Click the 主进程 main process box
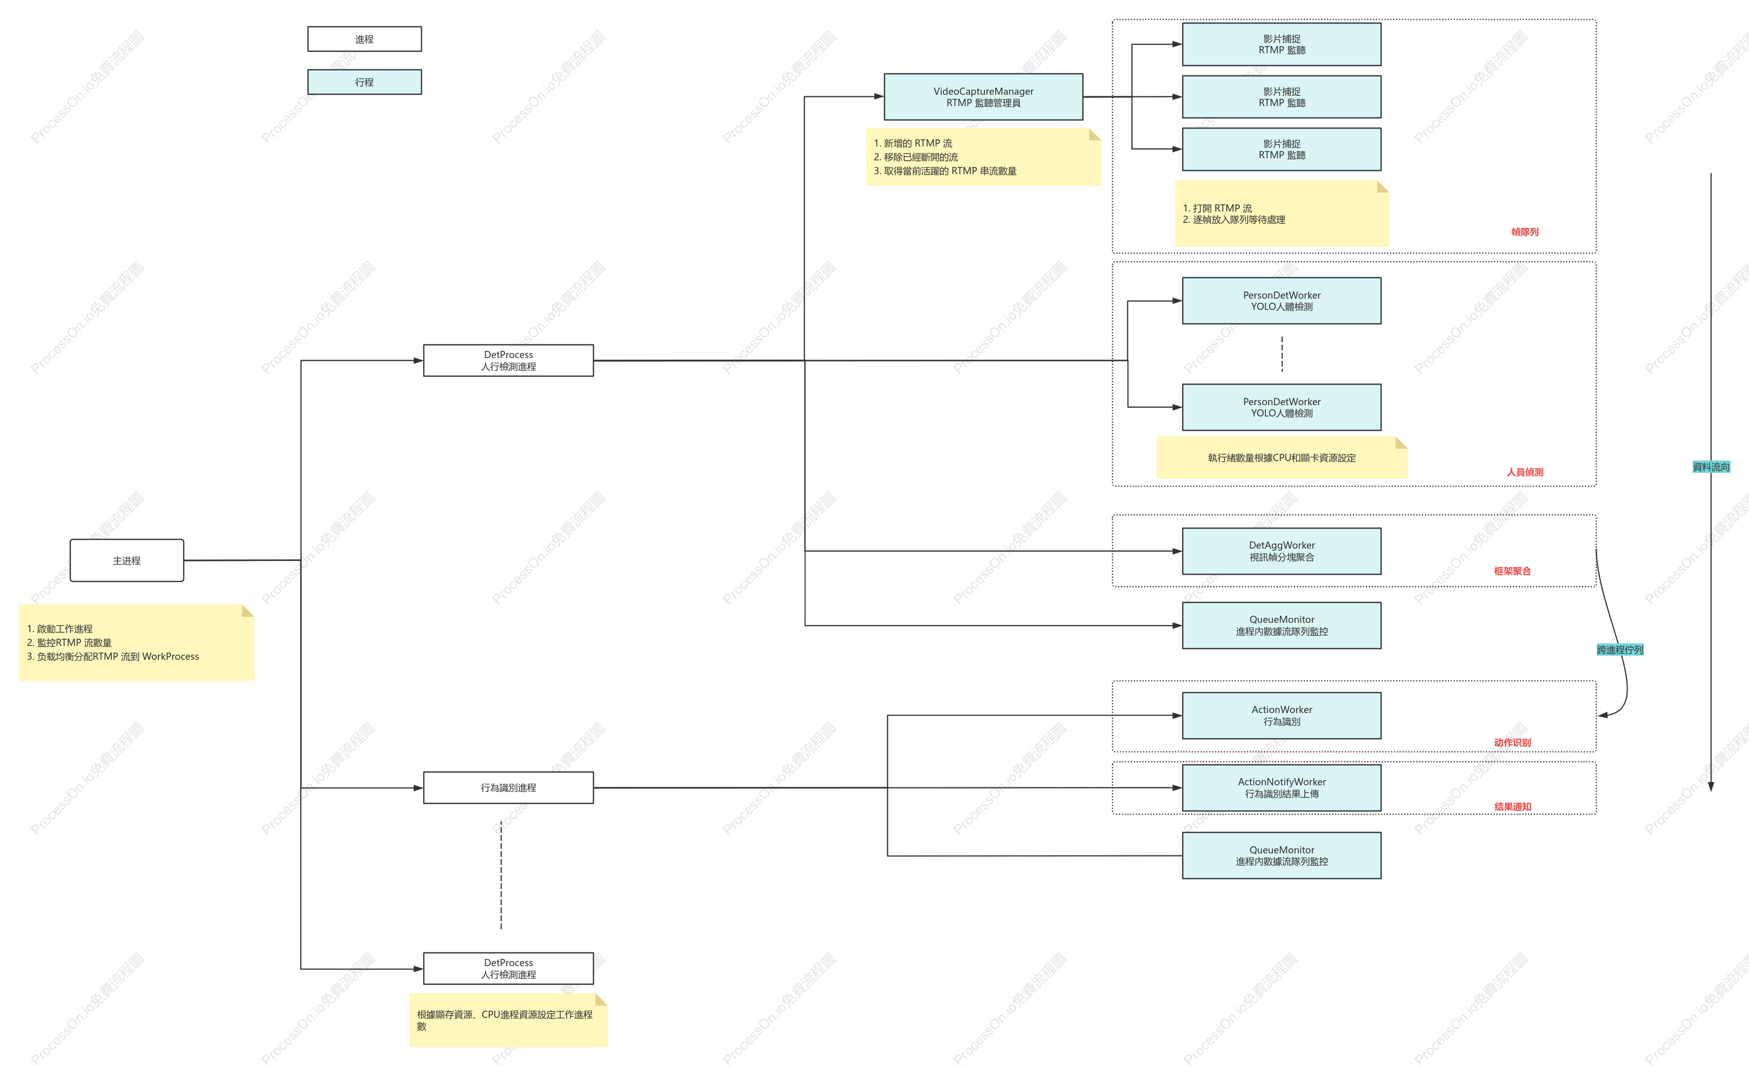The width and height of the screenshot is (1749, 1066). tap(127, 561)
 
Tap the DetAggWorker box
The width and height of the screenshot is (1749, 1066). tap(1281, 552)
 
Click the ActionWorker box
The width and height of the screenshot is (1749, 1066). tap(1281, 716)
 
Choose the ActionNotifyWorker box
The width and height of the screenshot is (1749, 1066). tap(1281, 788)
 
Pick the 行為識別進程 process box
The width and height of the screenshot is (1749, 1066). tap(508, 788)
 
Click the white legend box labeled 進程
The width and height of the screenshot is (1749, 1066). tap(364, 39)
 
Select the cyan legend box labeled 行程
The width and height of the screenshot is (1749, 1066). tap(364, 82)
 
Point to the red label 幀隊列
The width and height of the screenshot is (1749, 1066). tap(1525, 232)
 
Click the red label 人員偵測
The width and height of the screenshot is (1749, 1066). tap(1525, 472)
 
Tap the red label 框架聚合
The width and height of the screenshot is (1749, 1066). tap(1512, 571)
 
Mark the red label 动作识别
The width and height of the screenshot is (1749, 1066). tap(1512, 742)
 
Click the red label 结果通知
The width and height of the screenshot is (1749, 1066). tap(1512, 807)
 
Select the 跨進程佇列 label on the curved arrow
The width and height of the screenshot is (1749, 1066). tap(1620, 650)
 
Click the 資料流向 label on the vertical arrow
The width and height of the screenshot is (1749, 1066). tap(1711, 467)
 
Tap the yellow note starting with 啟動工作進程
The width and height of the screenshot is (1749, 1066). tap(136, 643)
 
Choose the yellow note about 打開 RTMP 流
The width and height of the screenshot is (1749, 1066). tap(1281, 214)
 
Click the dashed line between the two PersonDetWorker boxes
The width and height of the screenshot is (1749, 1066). tap(1282, 354)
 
